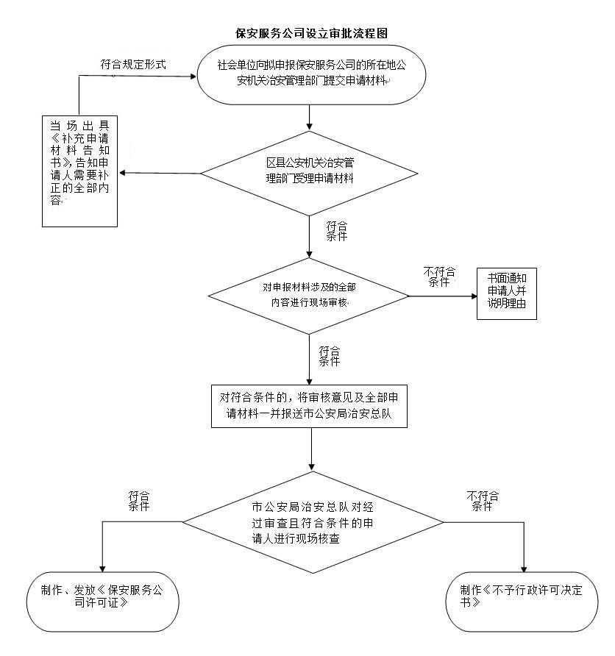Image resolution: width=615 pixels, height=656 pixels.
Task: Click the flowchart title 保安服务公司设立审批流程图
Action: [310, 34]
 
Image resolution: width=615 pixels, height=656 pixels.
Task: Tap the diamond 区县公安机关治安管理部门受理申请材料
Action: [310, 174]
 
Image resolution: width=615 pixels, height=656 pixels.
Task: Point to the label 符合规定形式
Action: [133, 65]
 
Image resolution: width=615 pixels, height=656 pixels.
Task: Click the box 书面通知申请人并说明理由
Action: [506, 292]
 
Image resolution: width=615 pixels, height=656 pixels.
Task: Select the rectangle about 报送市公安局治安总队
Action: [310, 404]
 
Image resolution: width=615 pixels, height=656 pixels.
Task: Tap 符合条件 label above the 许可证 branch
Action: [139, 501]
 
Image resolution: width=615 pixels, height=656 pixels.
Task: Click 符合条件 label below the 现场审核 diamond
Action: [329, 355]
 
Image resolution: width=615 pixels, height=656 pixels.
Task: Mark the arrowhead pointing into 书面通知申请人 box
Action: [472, 296]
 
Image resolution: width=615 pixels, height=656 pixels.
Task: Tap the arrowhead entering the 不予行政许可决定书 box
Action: [524, 568]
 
